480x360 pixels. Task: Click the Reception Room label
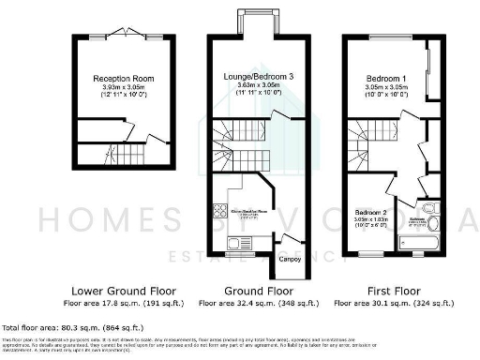coord(124,78)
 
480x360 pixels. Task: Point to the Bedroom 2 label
coord(367,213)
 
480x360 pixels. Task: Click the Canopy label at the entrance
coord(290,258)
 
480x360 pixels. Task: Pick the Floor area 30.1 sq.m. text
coord(387,304)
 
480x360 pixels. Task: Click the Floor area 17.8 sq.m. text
coord(124,304)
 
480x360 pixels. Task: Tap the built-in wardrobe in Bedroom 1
coord(430,70)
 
